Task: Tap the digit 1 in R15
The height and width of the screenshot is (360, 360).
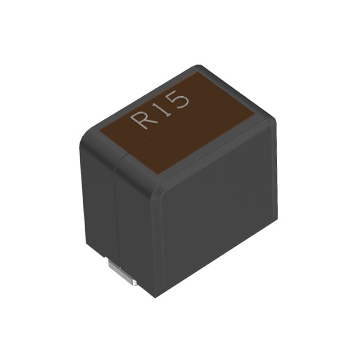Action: pos(163,108)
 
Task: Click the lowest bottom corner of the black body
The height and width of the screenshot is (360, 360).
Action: pos(155,297)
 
